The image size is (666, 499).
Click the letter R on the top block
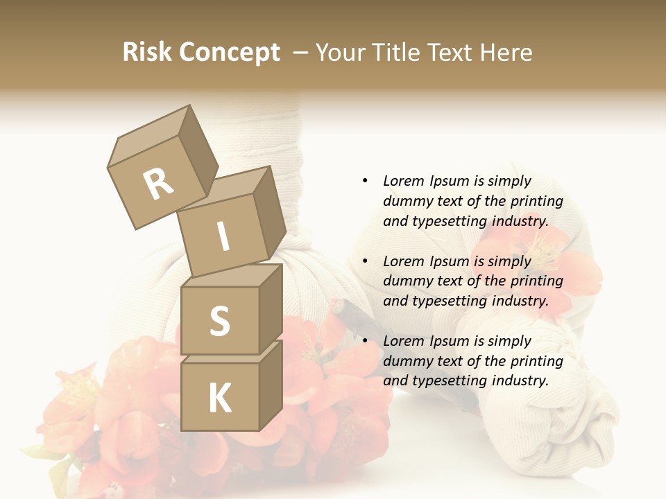(x=159, y=184)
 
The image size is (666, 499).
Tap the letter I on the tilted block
(x=223, y=237)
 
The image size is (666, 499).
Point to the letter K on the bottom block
(x=219, y=399)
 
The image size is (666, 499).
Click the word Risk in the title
(x=148, y=53)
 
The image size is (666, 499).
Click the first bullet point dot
(x=365, y=181)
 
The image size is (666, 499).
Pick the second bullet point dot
(x=365, y=261)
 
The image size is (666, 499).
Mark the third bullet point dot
(x=365, y=341)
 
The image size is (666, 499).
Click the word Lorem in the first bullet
(x=404, y=181)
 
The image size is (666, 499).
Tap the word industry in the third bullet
(x=520, y=380)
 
